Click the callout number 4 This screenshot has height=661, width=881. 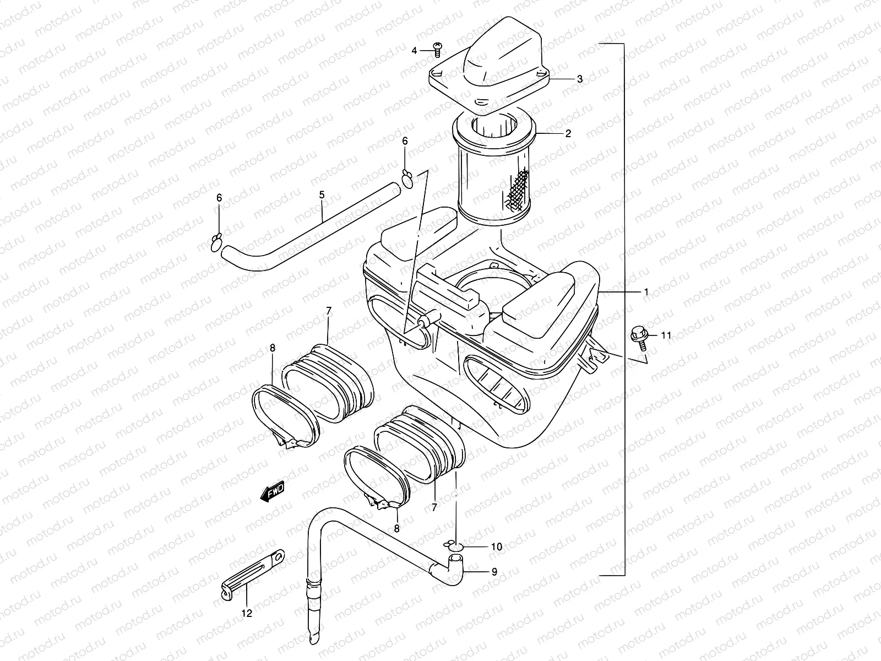pyautogui.click(x=415, y=51)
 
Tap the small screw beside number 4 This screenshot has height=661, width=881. pyautogui.click(x=438, y=49)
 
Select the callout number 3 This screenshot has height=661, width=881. pyautogui.click(x=580, y=79)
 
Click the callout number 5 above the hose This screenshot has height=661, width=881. pyautogui.click(x=322, y=195)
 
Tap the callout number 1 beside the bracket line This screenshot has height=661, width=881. pyautogui.click(x=646, y=291)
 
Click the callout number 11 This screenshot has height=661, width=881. pyautogui.click(x=667, y=335)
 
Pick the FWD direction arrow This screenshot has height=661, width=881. pyautogui.click(x=273, y=491)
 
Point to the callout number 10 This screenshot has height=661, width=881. pyautogui.click(x=496, y=547)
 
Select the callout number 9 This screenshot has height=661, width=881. pyautogui.click(x=494, y=572)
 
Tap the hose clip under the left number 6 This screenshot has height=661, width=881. pyautogui.click(x=217, y=242)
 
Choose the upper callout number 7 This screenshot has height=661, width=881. pyautogui.click(x=329, y=311)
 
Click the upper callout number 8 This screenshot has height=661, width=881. pyautogui.click(x=273, y=348)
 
